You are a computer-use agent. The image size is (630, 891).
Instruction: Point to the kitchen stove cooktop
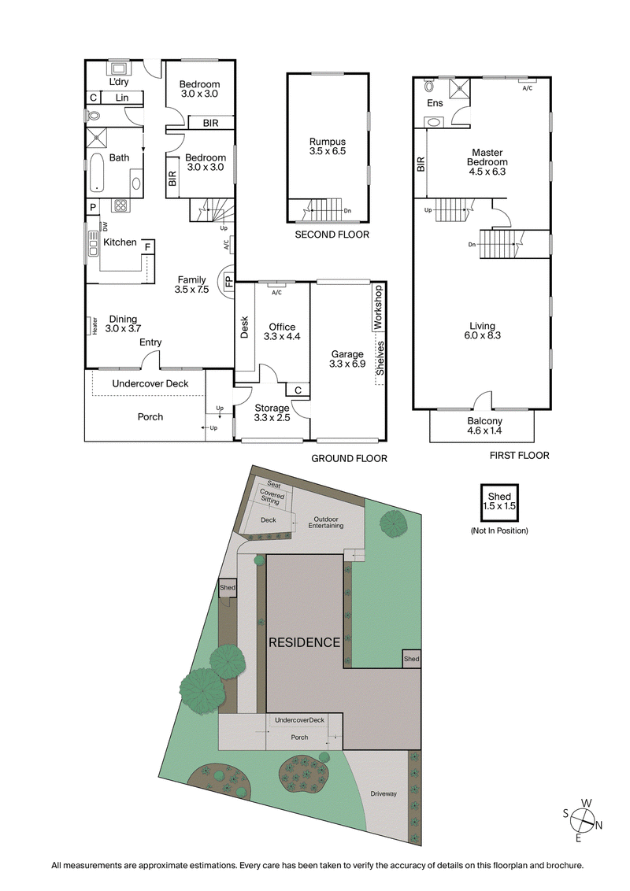(121, 206)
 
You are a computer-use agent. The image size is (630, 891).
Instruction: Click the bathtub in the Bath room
(95, 172)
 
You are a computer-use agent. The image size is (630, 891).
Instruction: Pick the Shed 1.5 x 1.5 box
(498, 501)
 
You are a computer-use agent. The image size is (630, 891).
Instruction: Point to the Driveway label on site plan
(384, 793)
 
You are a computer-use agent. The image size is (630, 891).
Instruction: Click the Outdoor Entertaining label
(325, 522)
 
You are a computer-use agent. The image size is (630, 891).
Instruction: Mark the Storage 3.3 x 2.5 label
(272, 412)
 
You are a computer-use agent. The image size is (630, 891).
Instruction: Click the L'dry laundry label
(119, 83)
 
